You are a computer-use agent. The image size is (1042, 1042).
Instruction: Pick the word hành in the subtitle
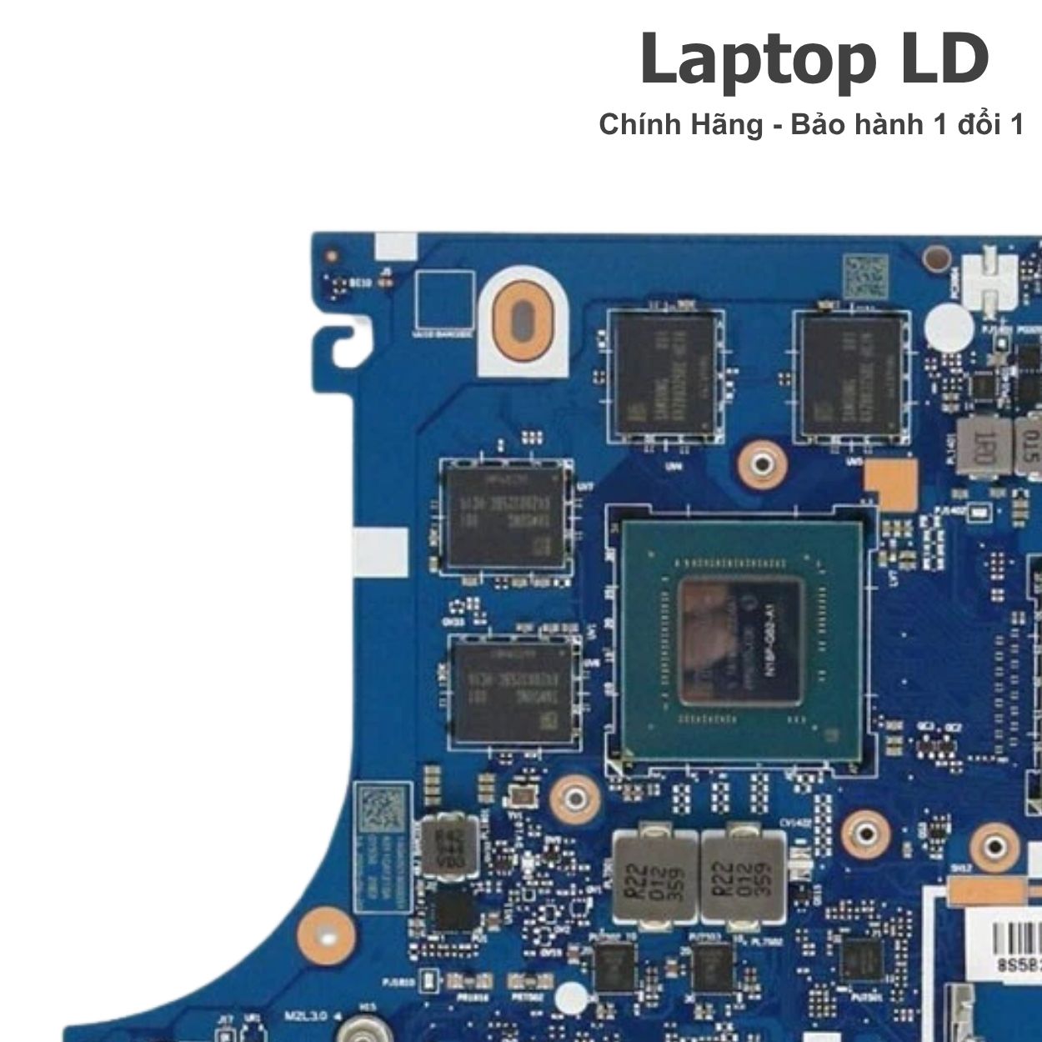[888, 125]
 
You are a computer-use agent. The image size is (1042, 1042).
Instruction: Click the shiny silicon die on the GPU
[739, 640]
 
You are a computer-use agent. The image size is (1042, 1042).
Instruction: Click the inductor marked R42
[450, 848]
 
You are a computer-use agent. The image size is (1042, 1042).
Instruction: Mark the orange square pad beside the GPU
[890, 486]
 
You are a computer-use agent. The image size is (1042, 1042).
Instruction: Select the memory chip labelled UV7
[507, 514]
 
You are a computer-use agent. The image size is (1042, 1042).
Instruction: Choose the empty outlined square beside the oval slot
[444, 301]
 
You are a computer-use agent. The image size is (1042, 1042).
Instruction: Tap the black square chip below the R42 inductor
[456, 908]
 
